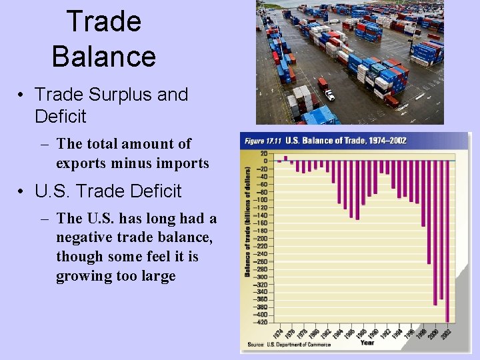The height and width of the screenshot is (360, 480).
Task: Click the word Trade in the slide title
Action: point(104,21)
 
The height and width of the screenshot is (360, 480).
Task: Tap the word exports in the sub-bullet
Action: point(83,163)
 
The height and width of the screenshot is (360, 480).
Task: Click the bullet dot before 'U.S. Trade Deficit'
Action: point(22,192)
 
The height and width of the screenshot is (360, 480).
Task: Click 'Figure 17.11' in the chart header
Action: point(263,141)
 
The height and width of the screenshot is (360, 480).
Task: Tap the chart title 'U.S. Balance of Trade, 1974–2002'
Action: point(346,141)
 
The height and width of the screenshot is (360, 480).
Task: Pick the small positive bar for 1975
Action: point(285,159)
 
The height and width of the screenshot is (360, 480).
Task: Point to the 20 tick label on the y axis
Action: point(264,153)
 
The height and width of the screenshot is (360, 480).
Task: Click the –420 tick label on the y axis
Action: point(261,322)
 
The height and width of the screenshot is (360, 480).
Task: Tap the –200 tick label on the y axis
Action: point(261,238)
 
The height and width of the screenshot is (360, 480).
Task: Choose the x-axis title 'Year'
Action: point(367,343)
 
